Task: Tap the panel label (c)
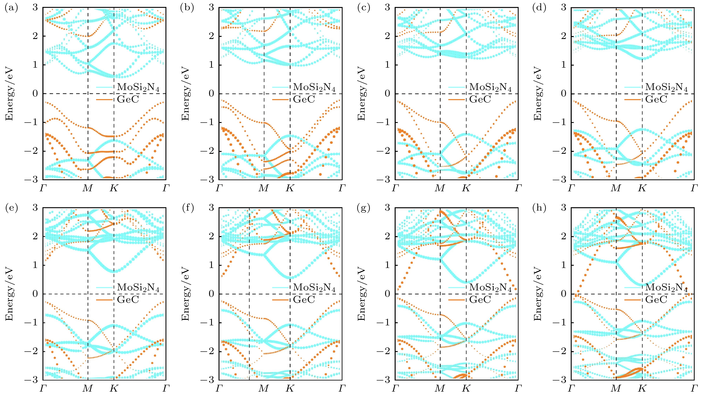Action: coord(364,8)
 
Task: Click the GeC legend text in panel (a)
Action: coord(128,99)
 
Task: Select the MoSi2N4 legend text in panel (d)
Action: coord(667,88)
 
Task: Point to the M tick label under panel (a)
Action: coord(87,188)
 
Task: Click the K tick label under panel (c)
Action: coord(466,188)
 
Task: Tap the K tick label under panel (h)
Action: coord(642,388)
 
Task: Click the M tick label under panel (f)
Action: coord(264,388)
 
